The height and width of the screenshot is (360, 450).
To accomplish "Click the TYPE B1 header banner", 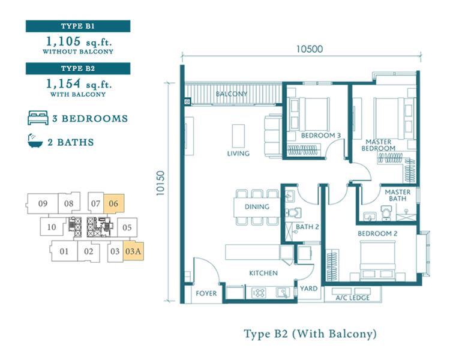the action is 78,26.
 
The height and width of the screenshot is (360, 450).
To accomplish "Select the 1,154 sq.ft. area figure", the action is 79,84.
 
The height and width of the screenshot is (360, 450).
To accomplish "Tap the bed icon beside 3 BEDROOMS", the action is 38,118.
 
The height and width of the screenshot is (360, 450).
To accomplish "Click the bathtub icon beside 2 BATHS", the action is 35,140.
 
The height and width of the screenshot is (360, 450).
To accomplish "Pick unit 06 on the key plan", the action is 113,203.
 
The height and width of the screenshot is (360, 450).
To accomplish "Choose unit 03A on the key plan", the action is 133,251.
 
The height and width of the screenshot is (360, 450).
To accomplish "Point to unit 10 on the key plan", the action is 52,227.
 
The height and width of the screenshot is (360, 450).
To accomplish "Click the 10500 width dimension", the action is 310,49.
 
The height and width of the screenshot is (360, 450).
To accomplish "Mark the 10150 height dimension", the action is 160,183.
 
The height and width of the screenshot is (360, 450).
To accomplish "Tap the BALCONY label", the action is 232,94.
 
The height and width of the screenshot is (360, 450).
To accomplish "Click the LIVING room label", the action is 238,154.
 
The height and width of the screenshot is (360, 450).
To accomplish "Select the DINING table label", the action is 257,206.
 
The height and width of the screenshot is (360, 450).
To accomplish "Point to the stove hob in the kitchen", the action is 258,293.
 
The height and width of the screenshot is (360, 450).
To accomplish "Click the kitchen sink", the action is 283,293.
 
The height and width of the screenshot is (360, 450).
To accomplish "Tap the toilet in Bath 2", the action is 293,213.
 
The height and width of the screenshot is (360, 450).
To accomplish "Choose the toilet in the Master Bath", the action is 386,213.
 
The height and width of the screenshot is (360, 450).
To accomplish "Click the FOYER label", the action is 206,293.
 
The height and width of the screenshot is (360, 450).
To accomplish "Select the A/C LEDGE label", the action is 352,298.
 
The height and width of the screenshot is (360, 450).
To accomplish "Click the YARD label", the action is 308,289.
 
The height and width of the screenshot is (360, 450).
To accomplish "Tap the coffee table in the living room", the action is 238,136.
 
